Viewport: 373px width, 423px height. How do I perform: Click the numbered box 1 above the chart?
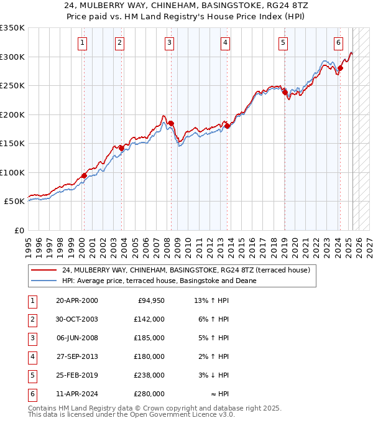[x=83, y=43]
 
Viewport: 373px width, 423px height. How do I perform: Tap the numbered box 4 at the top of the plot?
[x=224, y=43]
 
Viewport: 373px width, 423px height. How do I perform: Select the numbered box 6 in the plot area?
[x=338, y=43]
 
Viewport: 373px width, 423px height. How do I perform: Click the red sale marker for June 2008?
[x=171, y=123]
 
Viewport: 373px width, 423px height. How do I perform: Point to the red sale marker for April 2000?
[x=84, y=175]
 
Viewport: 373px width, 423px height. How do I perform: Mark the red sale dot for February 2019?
[x=285, y=93]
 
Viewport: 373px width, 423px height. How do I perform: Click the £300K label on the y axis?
[x=12, y=57]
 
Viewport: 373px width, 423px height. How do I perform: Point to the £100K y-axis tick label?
[x=12, y=172]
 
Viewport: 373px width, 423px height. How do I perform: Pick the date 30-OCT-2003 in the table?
[x=77, y=319]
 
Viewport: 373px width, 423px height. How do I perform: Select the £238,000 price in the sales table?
[x=149, y=375]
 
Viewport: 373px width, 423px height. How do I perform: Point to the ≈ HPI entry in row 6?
[x=220, y=394]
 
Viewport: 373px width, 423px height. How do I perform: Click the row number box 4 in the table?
[x=32, y=356]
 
